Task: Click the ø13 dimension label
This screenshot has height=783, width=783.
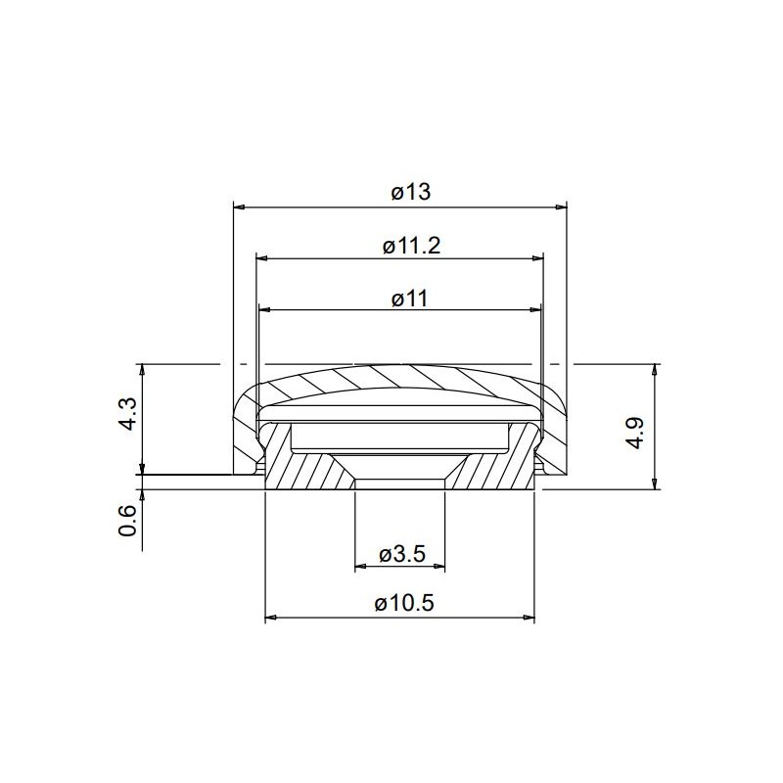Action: (411, 193)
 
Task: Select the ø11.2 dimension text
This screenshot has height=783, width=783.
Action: (411, 246)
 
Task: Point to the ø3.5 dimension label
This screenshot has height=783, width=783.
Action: (400, 554)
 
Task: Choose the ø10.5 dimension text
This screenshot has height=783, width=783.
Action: (404, 604)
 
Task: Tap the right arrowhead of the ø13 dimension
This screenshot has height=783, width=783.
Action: (562, 207)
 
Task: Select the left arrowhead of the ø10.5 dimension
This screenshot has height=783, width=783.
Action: (272, 618)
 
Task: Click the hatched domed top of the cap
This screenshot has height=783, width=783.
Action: (401, 377)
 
